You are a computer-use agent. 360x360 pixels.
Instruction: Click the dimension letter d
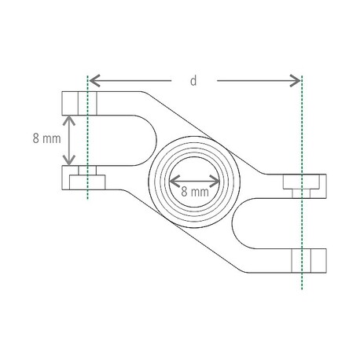click(x=193, y=81)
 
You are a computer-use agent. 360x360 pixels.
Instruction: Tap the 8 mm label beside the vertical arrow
click(x=46, y=138)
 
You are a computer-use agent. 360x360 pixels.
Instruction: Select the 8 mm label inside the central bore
click(x=195, y=192)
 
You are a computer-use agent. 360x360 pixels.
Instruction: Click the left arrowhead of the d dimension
click(x=94, y=80)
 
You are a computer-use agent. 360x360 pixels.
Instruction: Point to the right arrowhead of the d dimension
click(x=295, y=80)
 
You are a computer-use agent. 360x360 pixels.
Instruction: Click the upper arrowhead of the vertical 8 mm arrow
click(x=69, y=120)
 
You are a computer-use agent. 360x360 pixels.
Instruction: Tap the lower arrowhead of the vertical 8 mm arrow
click(x=69, y=160)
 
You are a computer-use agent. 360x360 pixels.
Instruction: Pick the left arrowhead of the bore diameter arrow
click(x=174, y=181)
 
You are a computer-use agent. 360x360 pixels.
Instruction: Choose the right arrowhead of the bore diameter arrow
click(x=215, y=181)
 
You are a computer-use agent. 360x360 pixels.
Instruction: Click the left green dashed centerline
click(x=87, y=138)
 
